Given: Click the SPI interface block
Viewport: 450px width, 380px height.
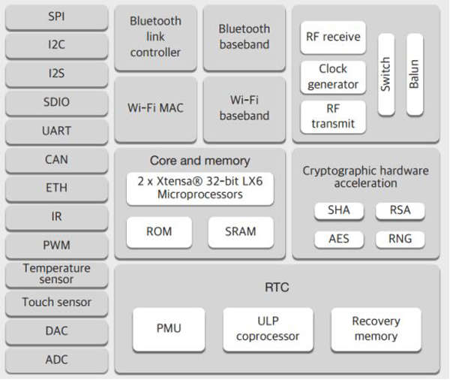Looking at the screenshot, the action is click(56, 17).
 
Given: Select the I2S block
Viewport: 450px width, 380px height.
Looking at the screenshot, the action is click(56, 74).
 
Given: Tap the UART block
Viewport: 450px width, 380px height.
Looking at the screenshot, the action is click(56, 131).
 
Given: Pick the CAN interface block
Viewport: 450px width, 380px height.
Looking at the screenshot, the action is click(56, 160).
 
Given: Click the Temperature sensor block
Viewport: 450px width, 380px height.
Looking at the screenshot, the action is click(56, 274).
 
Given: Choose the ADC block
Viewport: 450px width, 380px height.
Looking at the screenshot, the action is click(56, 360).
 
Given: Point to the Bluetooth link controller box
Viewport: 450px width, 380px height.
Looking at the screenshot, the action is click(155, 38).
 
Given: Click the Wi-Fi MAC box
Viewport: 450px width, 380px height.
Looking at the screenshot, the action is click(155, 109).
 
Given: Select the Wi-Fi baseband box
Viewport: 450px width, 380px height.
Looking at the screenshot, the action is click(244, 109).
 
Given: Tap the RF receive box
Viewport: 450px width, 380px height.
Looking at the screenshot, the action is click(333, 37).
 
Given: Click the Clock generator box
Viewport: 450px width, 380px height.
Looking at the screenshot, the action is click(333, 77).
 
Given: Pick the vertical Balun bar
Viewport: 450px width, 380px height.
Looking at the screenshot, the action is click(415, 74).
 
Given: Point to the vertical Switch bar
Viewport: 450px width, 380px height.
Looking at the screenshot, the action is click(386, 74).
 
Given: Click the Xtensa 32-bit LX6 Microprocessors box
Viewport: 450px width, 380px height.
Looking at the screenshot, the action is click(200, 188).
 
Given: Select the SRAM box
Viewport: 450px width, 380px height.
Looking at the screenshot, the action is click(241, 232).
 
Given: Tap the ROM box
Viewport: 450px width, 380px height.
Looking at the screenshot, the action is click(159, 232).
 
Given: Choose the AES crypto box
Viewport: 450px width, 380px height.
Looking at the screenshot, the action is click(339, 240).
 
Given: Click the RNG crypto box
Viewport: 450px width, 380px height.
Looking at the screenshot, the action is click(400, 240).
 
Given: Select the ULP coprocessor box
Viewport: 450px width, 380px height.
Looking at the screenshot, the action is click(268, 329).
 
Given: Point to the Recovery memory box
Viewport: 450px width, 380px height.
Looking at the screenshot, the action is click(376, 329).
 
